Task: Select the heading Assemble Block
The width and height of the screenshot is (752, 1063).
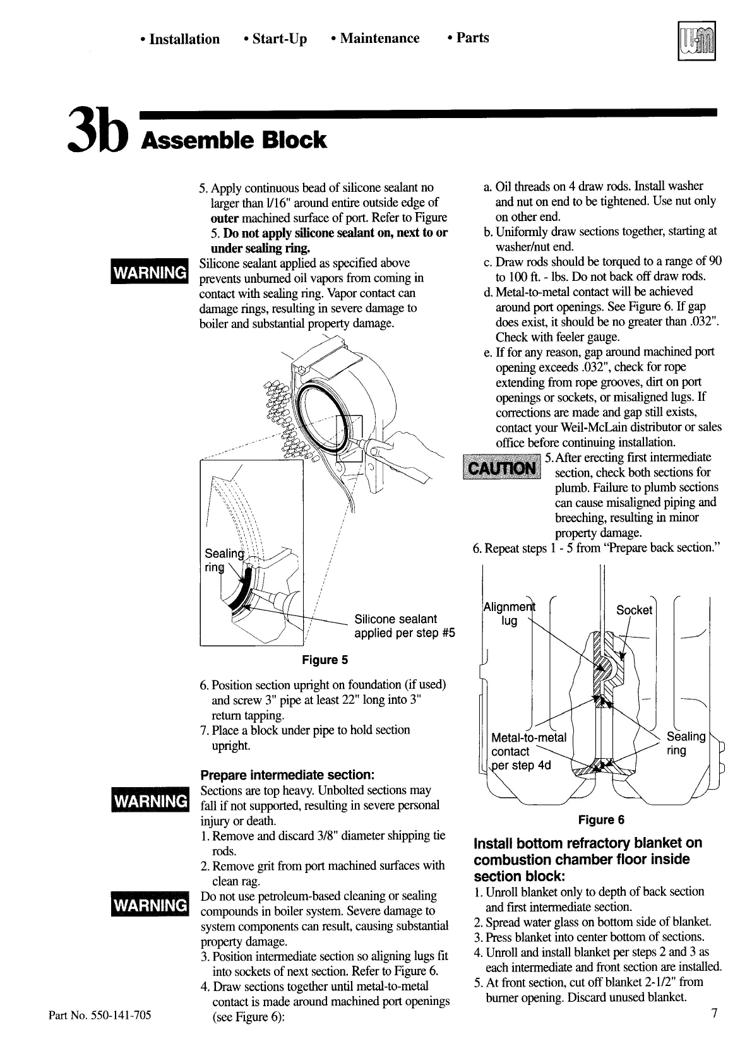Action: click(x=234, y=140)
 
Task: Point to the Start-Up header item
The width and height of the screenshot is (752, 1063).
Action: click(x=275, y=39)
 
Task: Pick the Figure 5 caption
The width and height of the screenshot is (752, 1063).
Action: click(x=325, y=660)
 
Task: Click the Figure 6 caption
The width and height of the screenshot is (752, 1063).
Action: click(x=601, y=820)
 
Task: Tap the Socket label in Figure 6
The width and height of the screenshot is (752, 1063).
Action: click(x=634, y=610)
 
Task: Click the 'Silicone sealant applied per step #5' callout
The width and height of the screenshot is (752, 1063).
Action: click(x=404, y=626)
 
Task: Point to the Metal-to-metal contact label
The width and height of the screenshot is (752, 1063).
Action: click(x=528, y=751)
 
